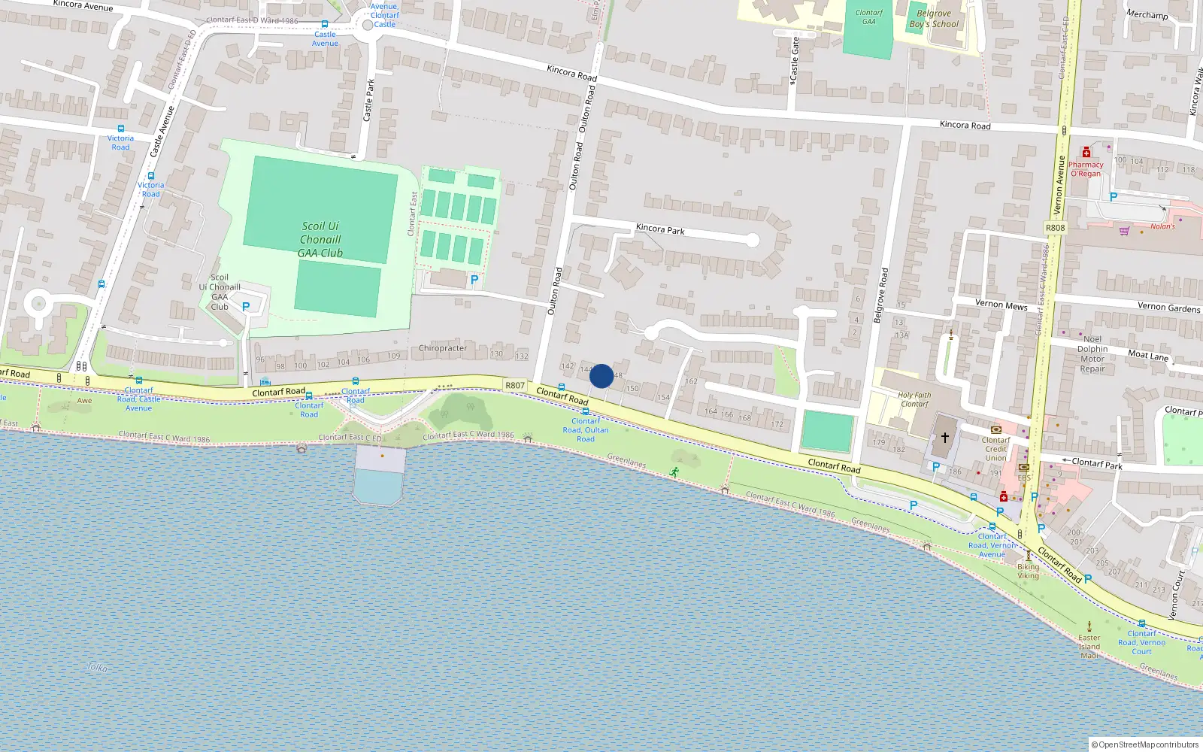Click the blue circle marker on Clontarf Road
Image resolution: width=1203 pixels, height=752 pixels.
(601, 376)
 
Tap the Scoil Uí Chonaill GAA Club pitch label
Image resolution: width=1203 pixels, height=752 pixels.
(320, 240)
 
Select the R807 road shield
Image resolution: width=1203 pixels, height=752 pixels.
(515, 385)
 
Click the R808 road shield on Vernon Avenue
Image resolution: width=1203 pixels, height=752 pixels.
(1055, 228)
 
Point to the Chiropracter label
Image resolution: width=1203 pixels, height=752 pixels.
(443, 348)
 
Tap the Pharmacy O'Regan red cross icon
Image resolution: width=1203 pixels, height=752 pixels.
(1086, 153)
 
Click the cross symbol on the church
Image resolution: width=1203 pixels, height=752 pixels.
(944, 437)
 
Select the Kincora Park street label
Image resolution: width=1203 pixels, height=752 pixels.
(660, 229)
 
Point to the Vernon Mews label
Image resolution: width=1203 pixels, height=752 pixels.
(1001, 305)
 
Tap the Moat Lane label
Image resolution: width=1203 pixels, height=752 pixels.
(1148, 355)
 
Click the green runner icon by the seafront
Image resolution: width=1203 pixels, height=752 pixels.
(674, 472)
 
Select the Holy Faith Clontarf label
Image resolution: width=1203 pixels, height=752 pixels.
(914, 399)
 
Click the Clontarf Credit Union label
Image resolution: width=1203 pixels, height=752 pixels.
(995, 449)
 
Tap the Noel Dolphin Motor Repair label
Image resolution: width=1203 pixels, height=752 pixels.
(1092, 354)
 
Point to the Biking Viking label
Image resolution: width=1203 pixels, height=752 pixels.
(1028, 572)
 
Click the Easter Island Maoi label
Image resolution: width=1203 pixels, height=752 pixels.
(1089, 647)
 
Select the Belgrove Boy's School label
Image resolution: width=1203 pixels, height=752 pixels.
(934, 19)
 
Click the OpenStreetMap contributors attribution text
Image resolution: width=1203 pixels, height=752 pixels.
(1149, 744)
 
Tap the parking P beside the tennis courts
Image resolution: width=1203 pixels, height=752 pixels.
(474, 280)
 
